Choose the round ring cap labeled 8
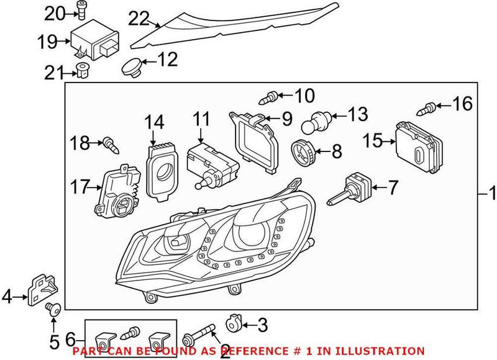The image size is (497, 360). (x=303, y=151)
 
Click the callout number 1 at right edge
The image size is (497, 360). (x=490, y=195)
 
